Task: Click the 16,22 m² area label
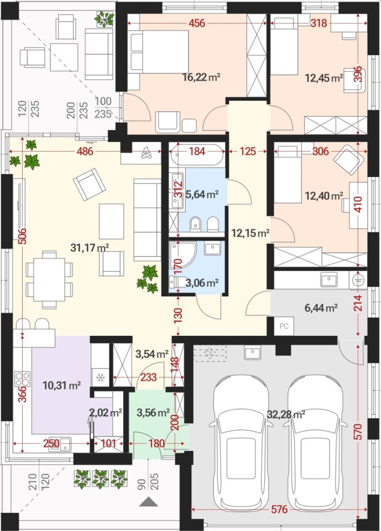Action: [x=201, y=77]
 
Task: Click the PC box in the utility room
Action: [x=284, y=326]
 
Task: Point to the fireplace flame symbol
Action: [x=147, y=153]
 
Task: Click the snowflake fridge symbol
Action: [x=101, y=377]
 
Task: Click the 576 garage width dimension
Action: [x=279, y=509]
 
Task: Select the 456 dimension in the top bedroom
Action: [x=197, y=23]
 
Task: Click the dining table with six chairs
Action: [x=49, y=279]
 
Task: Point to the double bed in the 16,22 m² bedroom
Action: [x=159, y=51]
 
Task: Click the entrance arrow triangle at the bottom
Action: [x=148, y=502]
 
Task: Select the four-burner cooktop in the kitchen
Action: [x=22, y=379]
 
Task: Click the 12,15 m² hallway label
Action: [x=250, y=233]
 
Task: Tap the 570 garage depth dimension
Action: [x=359, y=431]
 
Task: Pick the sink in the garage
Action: [x=252, y=353]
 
